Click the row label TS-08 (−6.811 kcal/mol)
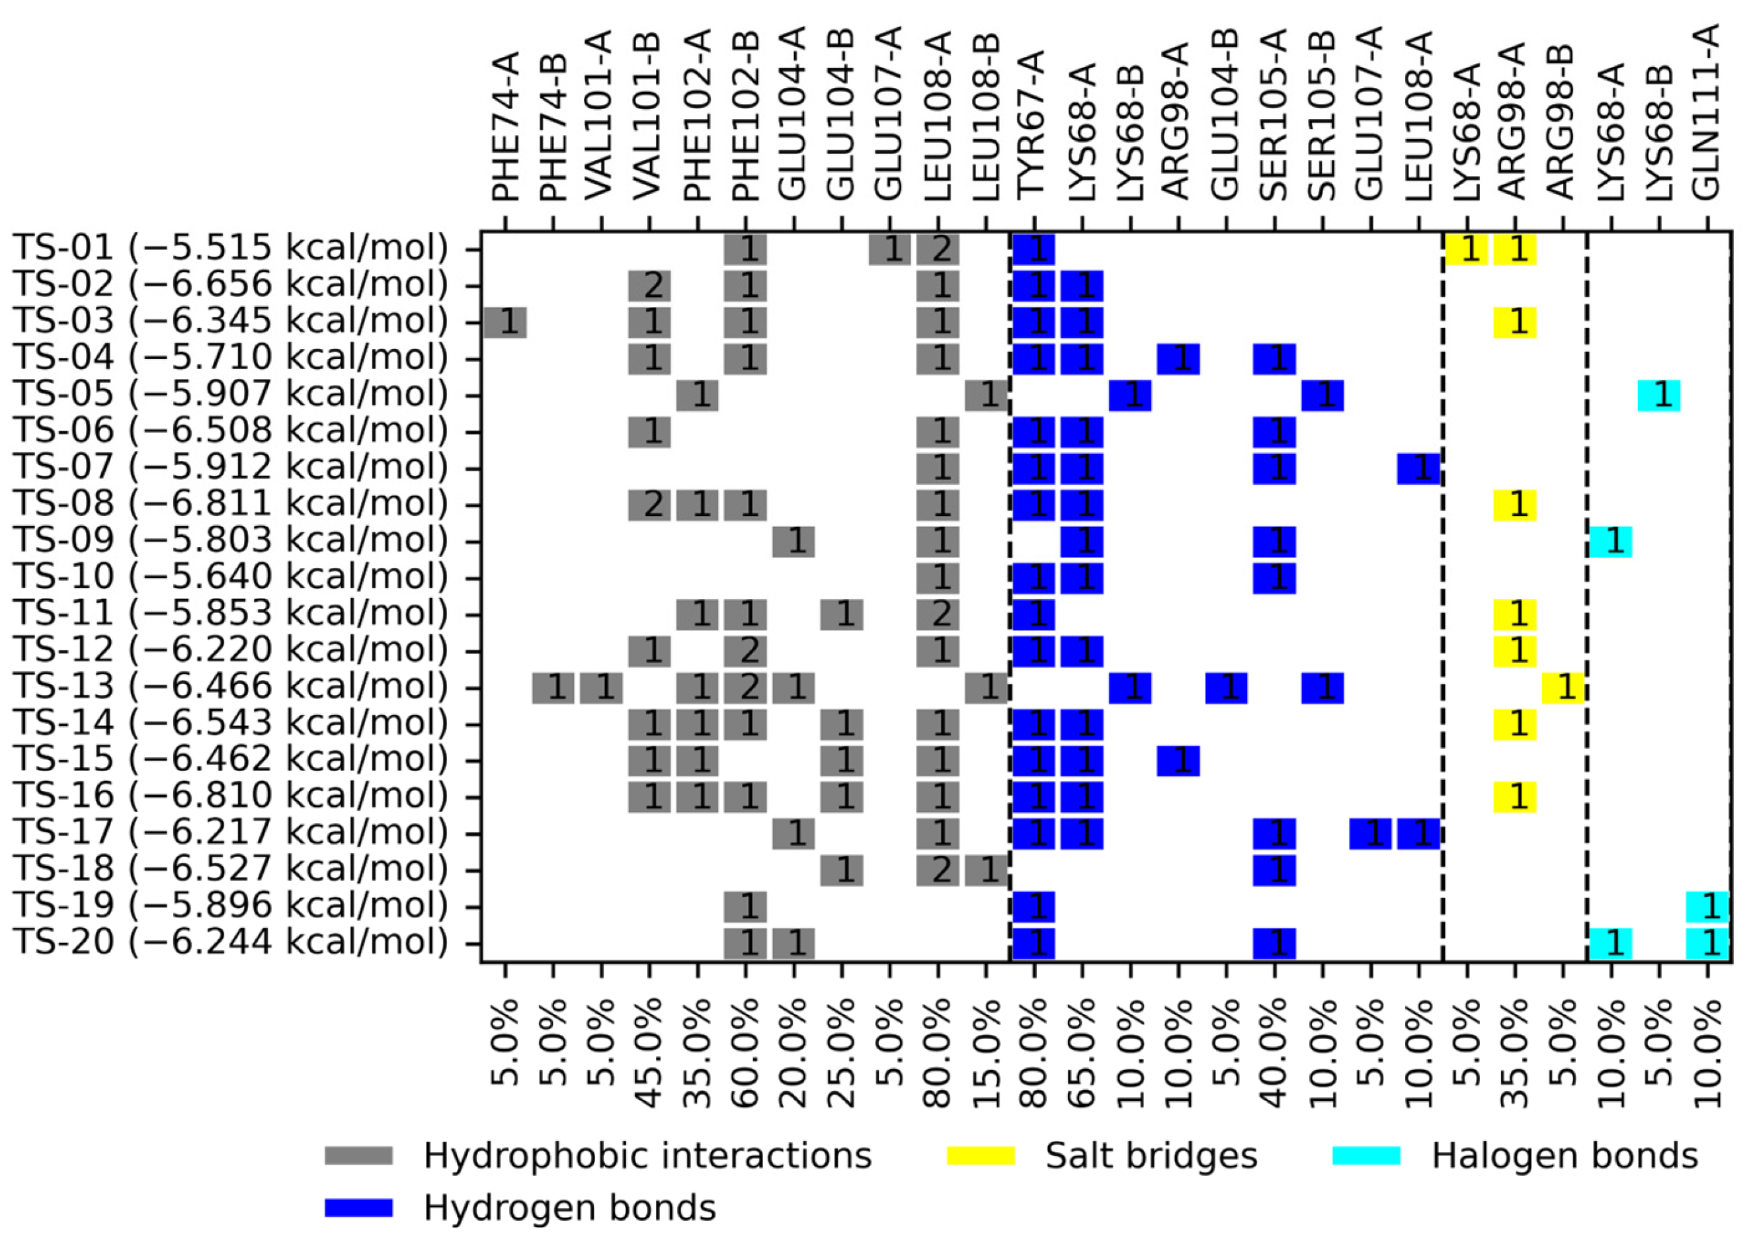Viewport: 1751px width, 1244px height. click(x=230, y=504)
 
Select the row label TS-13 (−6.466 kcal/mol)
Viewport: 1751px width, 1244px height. click(x=230, y=687)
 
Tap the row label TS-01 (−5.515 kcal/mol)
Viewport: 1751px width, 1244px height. click(x=230, y=248)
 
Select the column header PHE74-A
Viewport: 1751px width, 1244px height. click(x=506, y=126)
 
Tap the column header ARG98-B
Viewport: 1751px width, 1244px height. click(x=1563, y=122)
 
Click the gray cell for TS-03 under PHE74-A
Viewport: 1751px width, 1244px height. click(x=506, y=321)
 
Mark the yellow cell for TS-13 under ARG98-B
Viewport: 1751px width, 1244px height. click(x=1563, y=687)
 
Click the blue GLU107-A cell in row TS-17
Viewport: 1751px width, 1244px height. click(x=1370, y=833)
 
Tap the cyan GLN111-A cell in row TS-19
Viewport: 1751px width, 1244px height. click(x=1707, y=907)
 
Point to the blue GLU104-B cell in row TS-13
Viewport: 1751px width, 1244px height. click(x=1227, y=687)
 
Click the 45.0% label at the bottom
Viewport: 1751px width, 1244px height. click(x=649, y=1054)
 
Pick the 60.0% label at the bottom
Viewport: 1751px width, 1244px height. click(x=746, y=1054)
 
